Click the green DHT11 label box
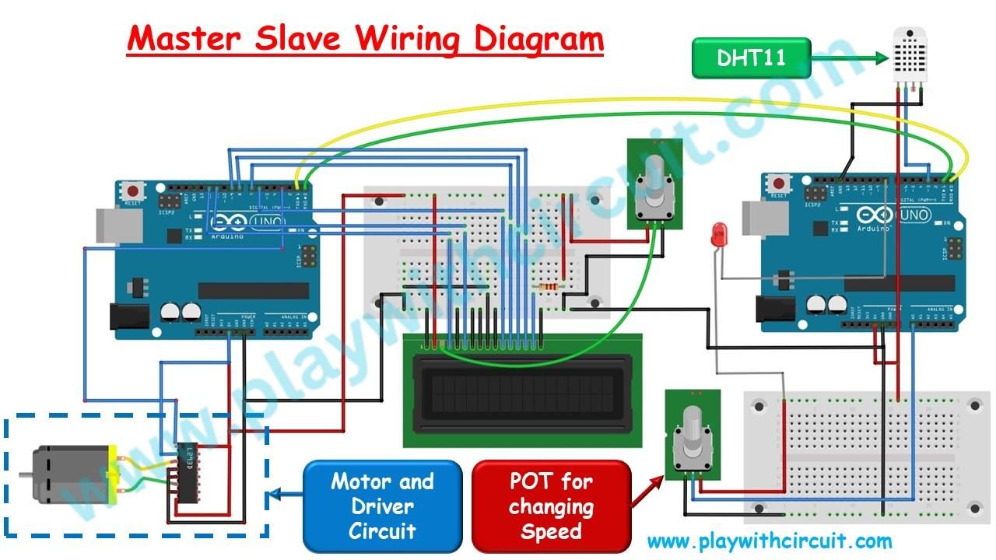[x=751, y=58]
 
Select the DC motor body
[x=66, y=474]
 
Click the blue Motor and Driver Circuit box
[x=382, y=506]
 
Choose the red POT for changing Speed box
[x=551, y=506]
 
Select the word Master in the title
[x=184, y=38]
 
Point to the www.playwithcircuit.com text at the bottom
[x=769, y=541]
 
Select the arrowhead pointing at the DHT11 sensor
[x=881, y=58]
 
